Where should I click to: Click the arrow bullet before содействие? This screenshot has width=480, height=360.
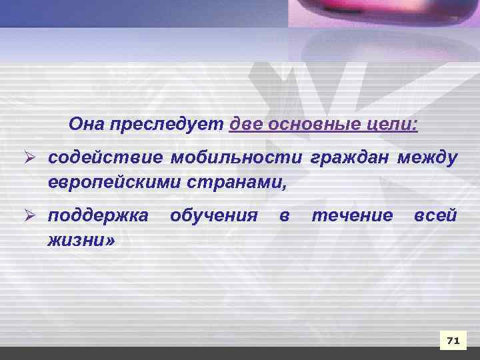(31, 159)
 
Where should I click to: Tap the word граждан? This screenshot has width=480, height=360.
(351, 159)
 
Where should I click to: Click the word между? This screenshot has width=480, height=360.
(427, 159)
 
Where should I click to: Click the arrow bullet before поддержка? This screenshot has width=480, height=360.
(31, 216)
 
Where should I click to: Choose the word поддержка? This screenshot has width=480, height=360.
(99, 217)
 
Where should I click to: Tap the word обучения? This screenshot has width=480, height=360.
(214, 217)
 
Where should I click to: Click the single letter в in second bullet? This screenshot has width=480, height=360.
(285, 217)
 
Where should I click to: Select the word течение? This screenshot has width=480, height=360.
(353, 217)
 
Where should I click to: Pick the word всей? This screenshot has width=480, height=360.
(435, 217)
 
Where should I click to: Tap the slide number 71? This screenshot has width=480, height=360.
(453, 341)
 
